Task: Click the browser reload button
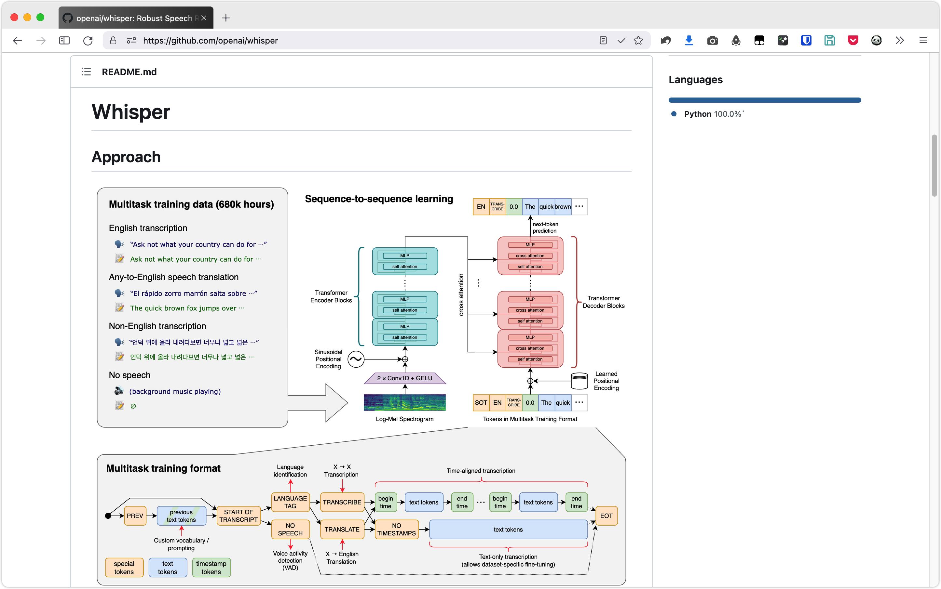[88, 41]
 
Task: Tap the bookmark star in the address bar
[638, 41]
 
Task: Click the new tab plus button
[226, 18]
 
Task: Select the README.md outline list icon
[86, 72]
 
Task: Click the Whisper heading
[131, 112]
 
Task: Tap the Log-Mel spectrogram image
[404, 402]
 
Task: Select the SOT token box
[481, 403]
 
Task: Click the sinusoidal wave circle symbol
[356, 359]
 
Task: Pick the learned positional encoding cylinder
[579, 381]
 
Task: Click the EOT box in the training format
[607, 516]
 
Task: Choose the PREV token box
[135, 516]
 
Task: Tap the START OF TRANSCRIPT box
[238, 516]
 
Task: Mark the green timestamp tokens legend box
[211, 568]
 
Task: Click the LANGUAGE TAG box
[290, 502]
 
